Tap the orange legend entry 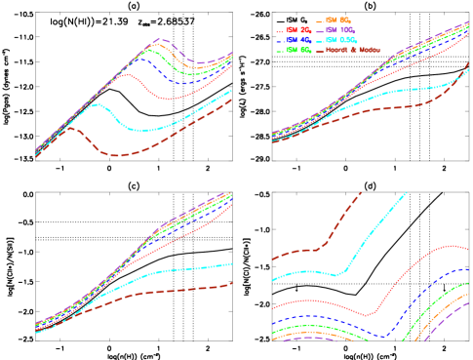[x=337, y=20]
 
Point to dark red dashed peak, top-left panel [x=69, y=127]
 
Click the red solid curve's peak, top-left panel [x=127, y=74]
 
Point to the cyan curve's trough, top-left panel [x=141, y=130]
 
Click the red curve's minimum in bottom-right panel [x=368, y=315]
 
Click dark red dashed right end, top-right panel [x=469, y=63]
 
